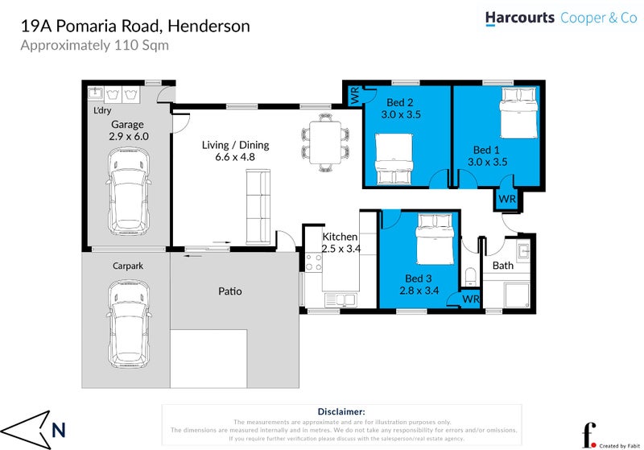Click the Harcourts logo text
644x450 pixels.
519,18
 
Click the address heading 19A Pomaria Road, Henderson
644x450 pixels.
134,26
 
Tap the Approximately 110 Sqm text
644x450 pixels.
94,45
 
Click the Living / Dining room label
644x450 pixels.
235,145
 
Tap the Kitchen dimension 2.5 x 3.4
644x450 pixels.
340,250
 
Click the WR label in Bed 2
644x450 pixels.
355,96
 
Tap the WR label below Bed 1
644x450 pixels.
506,199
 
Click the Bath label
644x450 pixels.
502,266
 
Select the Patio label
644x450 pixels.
229,291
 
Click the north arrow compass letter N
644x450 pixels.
58,430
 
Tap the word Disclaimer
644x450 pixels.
343,411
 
